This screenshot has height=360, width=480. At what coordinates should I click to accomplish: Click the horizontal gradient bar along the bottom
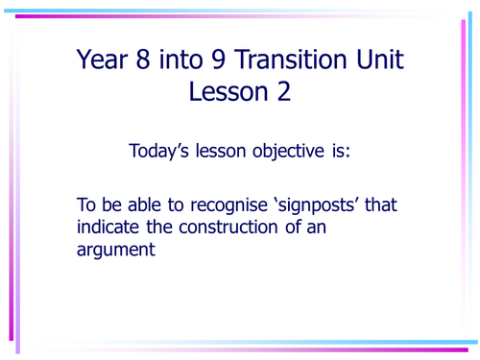240,342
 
